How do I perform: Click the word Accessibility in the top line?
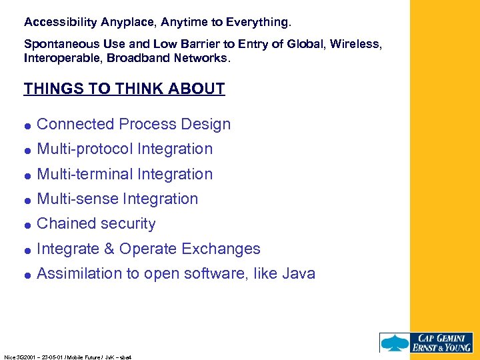pyautogui.click(x=61, y=22)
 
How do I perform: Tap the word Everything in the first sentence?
pyautogui.click(x=257, y=22)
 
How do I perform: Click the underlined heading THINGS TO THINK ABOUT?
pyautogui.click(x=124, y=89)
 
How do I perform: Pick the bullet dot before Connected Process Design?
pyautogui.click(x=27, y=125)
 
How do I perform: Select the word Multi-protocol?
pyautogui.click(x=85, y=149)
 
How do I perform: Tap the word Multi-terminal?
pyautogui.click(x=85, y=174)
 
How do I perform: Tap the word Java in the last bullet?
pyautogui.click(x=298, y=273)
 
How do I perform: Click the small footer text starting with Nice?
pyautogui.click(x=67, y=357)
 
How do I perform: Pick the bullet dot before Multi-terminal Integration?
pyautogui.click(x=27, y=175)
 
